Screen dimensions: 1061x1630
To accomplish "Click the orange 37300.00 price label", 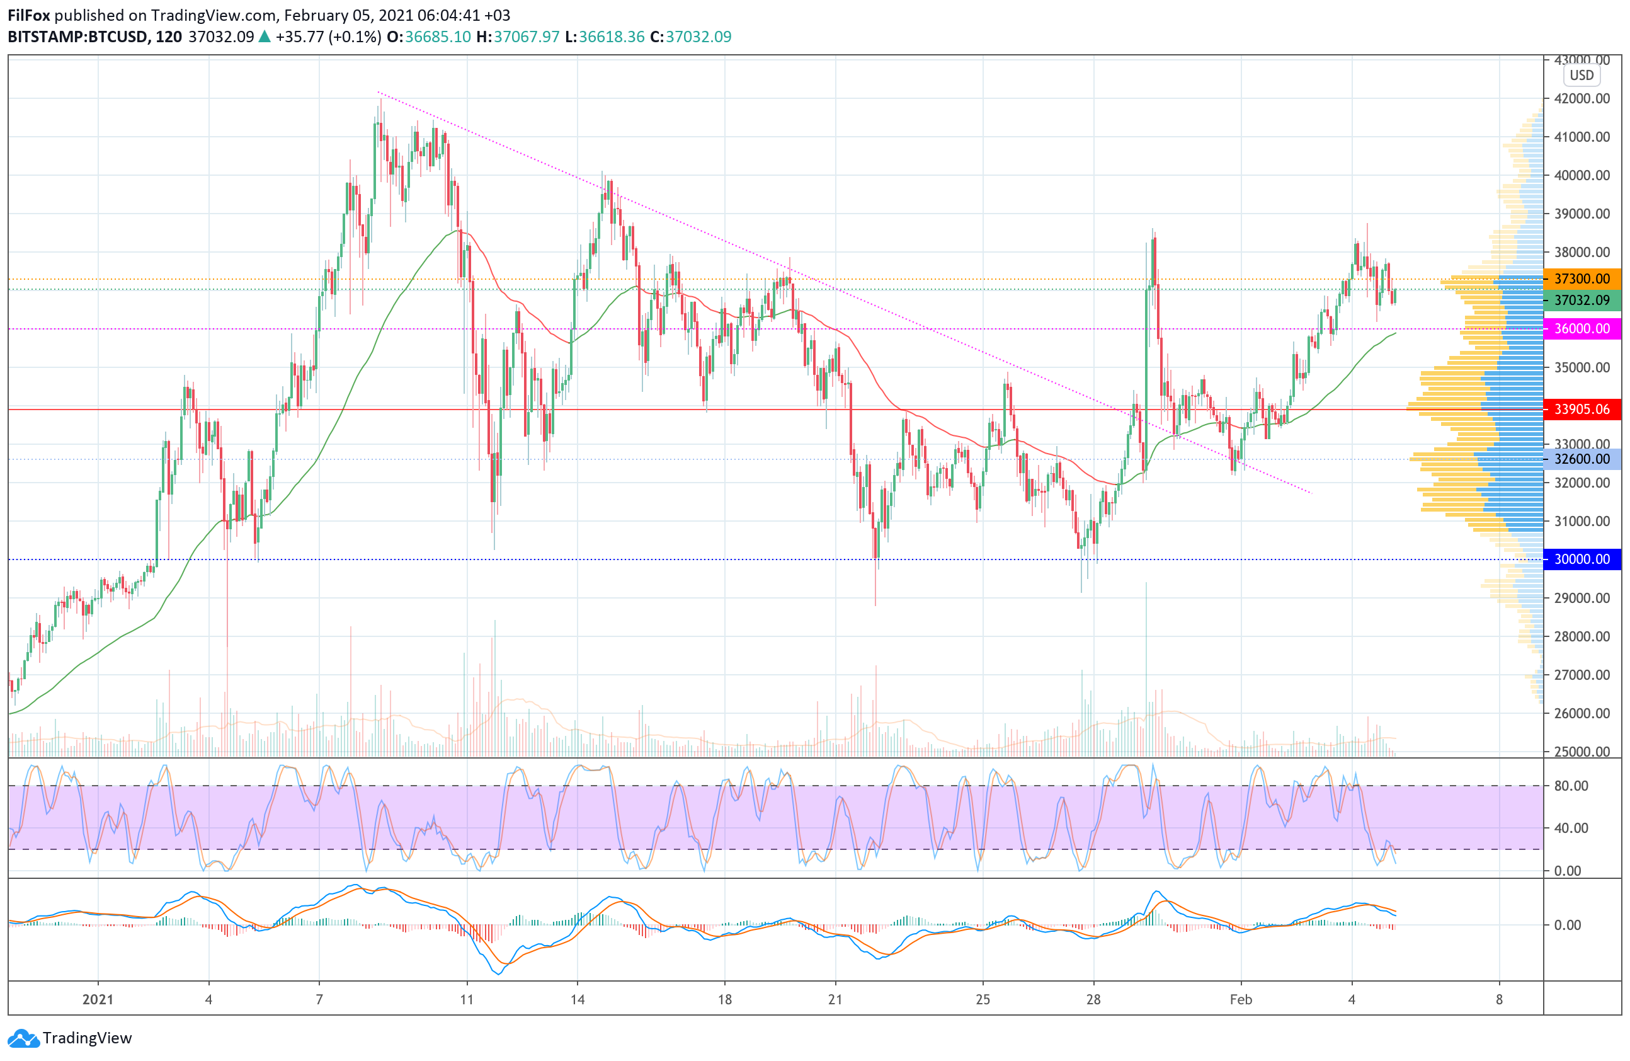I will (1582, 278).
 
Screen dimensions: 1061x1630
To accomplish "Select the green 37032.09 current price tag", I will (1582, 301).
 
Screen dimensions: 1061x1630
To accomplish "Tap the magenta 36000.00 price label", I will (1582, 329).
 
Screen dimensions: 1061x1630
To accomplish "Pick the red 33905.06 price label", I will (1582, 410).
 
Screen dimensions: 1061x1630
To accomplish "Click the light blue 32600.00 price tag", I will (1582, 459).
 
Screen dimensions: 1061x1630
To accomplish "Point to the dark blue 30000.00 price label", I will (1582, 559).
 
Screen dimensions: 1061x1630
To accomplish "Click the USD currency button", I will (1582, 76).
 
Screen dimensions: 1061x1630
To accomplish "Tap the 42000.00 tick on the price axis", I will (1582, 99).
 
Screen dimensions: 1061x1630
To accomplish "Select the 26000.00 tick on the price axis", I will (1582, 713).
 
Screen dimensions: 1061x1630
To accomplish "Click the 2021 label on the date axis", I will (98, 999).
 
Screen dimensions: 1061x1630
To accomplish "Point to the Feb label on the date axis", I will (1241, 999).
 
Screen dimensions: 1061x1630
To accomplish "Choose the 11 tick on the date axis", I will (467, 999).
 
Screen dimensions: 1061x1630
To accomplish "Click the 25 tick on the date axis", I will (983, 999).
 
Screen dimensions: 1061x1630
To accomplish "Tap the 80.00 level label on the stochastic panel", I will (1571, 786).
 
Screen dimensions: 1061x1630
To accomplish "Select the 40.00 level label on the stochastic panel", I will (1571, 828).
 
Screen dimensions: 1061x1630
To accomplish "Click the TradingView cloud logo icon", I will (24, 1038).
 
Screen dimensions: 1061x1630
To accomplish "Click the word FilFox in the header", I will (29, 15).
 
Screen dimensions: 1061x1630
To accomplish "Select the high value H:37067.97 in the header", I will (518, 37).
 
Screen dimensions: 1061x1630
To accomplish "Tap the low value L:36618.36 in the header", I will (605, 37).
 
